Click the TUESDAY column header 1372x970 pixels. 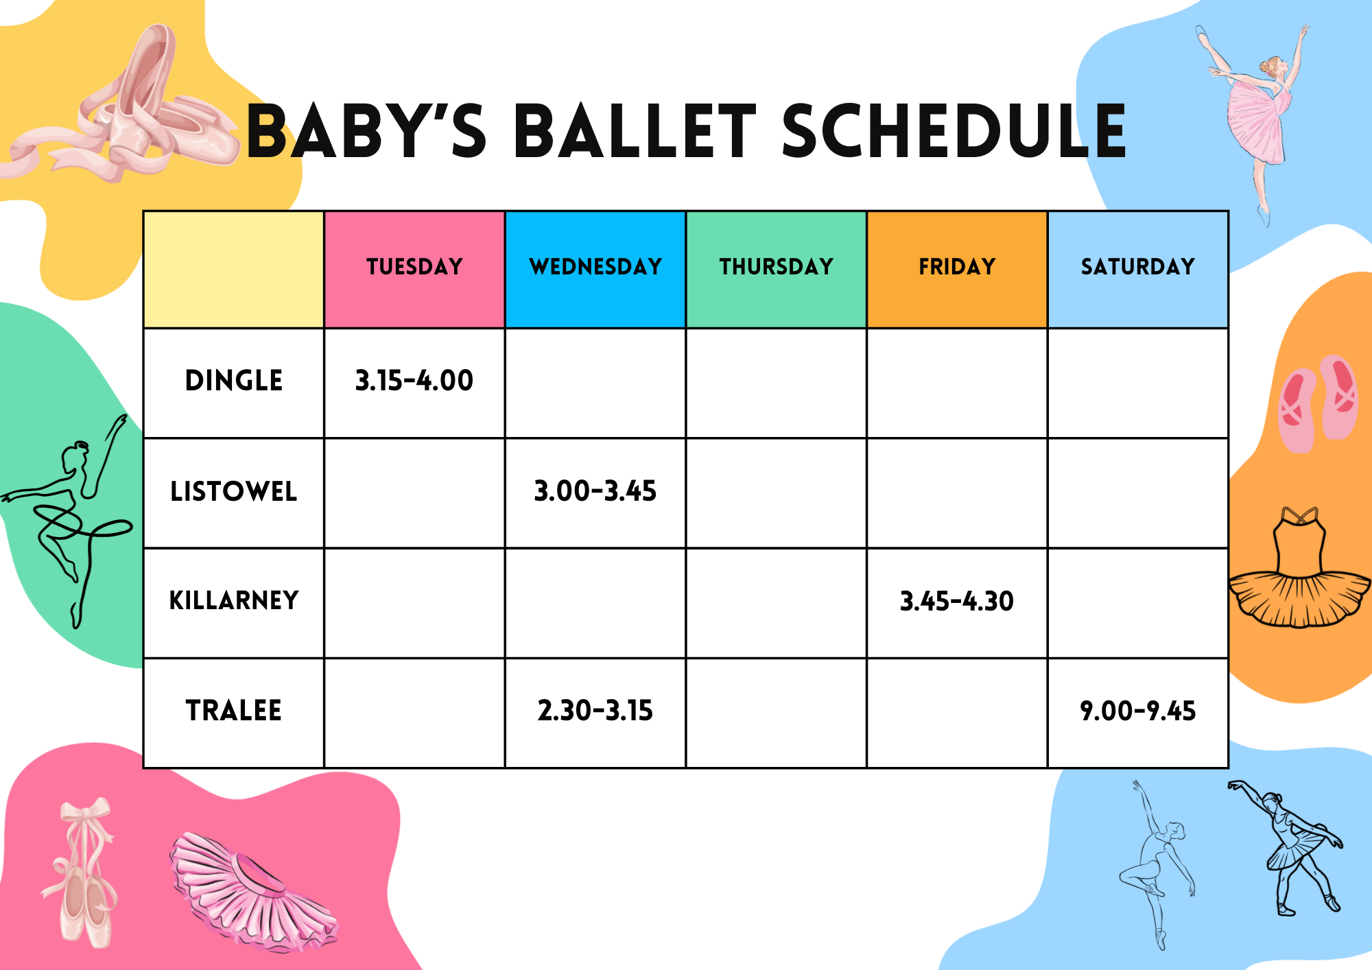[x=414, y=266]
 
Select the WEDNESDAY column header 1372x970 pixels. [x=595, y=266]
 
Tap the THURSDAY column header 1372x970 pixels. [x=776, y=266]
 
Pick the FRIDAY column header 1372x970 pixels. [x=957, y=266]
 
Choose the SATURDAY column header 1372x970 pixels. [x=1138, y=266]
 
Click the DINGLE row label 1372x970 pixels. [x=234, y=381]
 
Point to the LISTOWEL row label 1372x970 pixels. [x=234, y=491]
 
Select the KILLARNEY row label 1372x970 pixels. [x=234, y=601]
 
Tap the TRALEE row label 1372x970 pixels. [x=234, y=711]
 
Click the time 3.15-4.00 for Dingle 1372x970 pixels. [x=414, y=381]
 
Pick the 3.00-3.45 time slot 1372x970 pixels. [x=595, y=491]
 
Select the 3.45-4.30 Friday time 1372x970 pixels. [x=957, y=602]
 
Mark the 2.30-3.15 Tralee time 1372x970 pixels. [x=595, y=711]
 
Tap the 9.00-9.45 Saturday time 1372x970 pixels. [x=1138, y=711]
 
